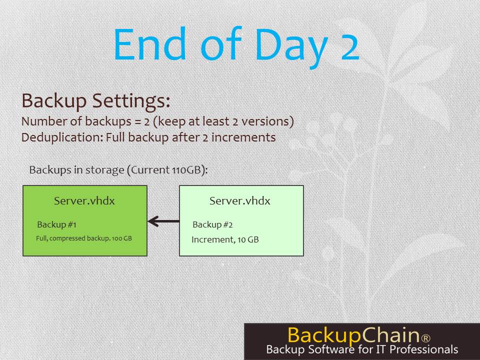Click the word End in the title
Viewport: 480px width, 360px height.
[150, 43]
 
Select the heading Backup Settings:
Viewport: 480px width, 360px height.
[96, 100]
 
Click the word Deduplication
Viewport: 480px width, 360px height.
[62, 137]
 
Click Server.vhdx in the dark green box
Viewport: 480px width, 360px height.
[84, 201]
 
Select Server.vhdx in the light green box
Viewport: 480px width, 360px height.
[240, 201]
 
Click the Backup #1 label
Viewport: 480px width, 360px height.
[56, 224]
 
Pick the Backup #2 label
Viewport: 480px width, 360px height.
[212, 224]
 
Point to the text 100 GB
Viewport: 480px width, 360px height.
[122, 238]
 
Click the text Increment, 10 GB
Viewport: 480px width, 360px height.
[225, 239]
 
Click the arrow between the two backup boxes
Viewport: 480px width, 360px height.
[163, 221]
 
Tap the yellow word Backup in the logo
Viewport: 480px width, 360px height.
[323, 335]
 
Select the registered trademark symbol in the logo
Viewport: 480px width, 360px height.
[426, 338]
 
